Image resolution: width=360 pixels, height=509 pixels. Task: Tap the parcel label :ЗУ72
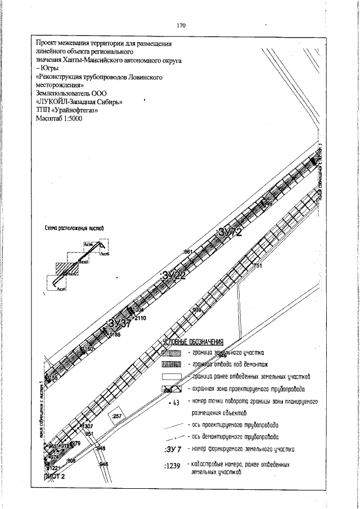229,232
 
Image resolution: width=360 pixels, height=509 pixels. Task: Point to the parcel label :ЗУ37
119,324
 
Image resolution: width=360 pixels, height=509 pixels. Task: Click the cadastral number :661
188,251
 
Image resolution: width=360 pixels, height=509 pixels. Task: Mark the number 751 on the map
258,265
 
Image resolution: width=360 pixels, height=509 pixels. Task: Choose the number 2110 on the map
140,318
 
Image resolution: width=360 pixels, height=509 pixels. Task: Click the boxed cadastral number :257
118,416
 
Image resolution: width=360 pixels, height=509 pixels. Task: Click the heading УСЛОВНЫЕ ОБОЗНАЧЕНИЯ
193,342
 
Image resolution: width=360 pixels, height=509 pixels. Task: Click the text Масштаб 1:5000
59,119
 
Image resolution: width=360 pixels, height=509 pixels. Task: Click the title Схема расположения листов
74,229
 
